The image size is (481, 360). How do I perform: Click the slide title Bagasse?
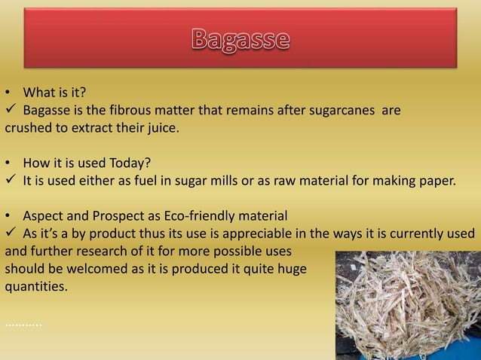[x=240, y=39]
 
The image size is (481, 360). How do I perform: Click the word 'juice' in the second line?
[x=159, y=128]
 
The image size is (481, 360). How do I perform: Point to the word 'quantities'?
[x=35, y=285]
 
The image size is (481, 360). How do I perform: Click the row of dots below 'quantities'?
[x=23, y=324]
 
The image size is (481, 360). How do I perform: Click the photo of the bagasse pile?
[x=407, y=305]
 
